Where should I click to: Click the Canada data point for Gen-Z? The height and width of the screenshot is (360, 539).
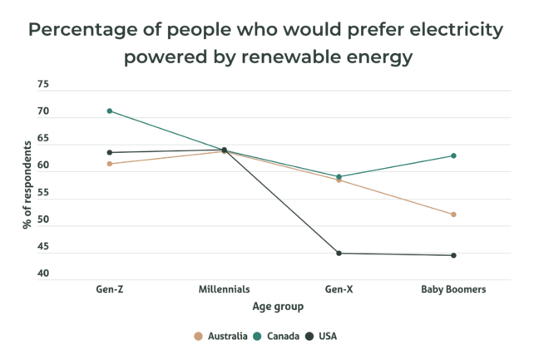coord(110,111)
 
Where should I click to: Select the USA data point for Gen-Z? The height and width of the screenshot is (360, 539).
coord(110,152)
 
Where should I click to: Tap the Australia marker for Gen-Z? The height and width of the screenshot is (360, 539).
coord(110,164)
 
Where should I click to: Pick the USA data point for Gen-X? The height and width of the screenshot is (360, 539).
coord(339,253)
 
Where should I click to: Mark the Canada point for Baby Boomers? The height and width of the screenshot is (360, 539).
coord(453,155)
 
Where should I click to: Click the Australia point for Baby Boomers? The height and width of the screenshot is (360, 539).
coord(453,215)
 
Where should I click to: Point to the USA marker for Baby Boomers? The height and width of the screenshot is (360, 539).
coord(453,255)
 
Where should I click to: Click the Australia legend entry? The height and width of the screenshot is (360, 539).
coord(220,336)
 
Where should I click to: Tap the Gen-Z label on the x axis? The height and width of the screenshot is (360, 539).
coord(110,289)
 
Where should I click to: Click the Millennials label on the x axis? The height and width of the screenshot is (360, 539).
coord(224,289)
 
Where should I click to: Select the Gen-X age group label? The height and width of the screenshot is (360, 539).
coord(339,289)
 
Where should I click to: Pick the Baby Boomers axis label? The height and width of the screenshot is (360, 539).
coord(453,289)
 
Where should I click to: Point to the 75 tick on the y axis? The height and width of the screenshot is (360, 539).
coord(43,85)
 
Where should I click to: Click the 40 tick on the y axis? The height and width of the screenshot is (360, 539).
coord(43,274)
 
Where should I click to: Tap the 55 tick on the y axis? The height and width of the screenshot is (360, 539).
coord(43,193)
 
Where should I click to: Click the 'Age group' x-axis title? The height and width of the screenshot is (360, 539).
coord(278,306)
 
